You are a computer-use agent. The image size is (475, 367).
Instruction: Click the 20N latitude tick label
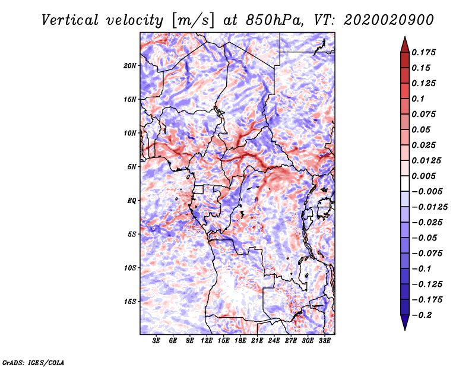point(130,65)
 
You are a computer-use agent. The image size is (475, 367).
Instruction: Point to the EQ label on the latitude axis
point(132,201)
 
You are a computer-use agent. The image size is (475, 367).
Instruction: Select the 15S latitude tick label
point(130,302)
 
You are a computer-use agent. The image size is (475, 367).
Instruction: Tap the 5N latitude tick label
point(132,167)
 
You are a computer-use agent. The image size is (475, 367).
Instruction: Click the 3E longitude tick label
point(156,341)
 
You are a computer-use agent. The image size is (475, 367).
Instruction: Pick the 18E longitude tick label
point(240,341)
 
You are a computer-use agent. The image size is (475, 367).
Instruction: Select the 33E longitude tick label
point(324,341)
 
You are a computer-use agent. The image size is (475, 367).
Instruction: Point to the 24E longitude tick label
point(274,341)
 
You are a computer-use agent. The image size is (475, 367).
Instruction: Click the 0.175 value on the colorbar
point(423,52)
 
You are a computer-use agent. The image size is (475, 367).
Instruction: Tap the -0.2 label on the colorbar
point(422,315)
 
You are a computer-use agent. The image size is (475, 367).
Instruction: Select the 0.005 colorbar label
point(423,176)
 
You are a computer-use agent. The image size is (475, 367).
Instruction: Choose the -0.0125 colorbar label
point(429,207)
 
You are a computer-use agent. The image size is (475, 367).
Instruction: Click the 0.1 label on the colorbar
point(418,99)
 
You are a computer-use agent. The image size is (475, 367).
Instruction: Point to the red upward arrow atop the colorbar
point(405,45)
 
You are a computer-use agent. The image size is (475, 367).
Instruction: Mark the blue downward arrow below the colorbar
point(405,322)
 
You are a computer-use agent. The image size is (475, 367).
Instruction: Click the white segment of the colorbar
point(405,183)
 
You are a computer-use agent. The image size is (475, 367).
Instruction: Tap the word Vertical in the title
point(70,20)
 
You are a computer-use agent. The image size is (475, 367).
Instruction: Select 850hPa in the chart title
point(274,20)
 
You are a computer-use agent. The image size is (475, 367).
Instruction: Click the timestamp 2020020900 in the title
point(389,20)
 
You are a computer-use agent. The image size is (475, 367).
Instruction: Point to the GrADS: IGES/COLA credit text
point(33,362)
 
